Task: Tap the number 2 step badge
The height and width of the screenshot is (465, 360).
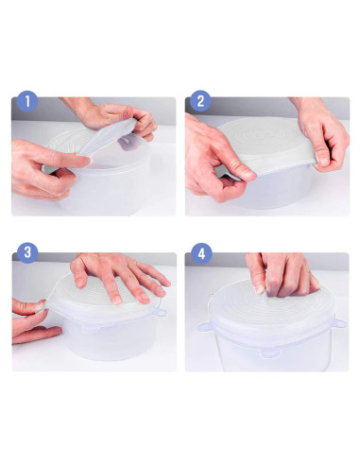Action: click(x=200, y=102)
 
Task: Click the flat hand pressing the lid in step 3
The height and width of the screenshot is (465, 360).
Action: click(x=118, y=279)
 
